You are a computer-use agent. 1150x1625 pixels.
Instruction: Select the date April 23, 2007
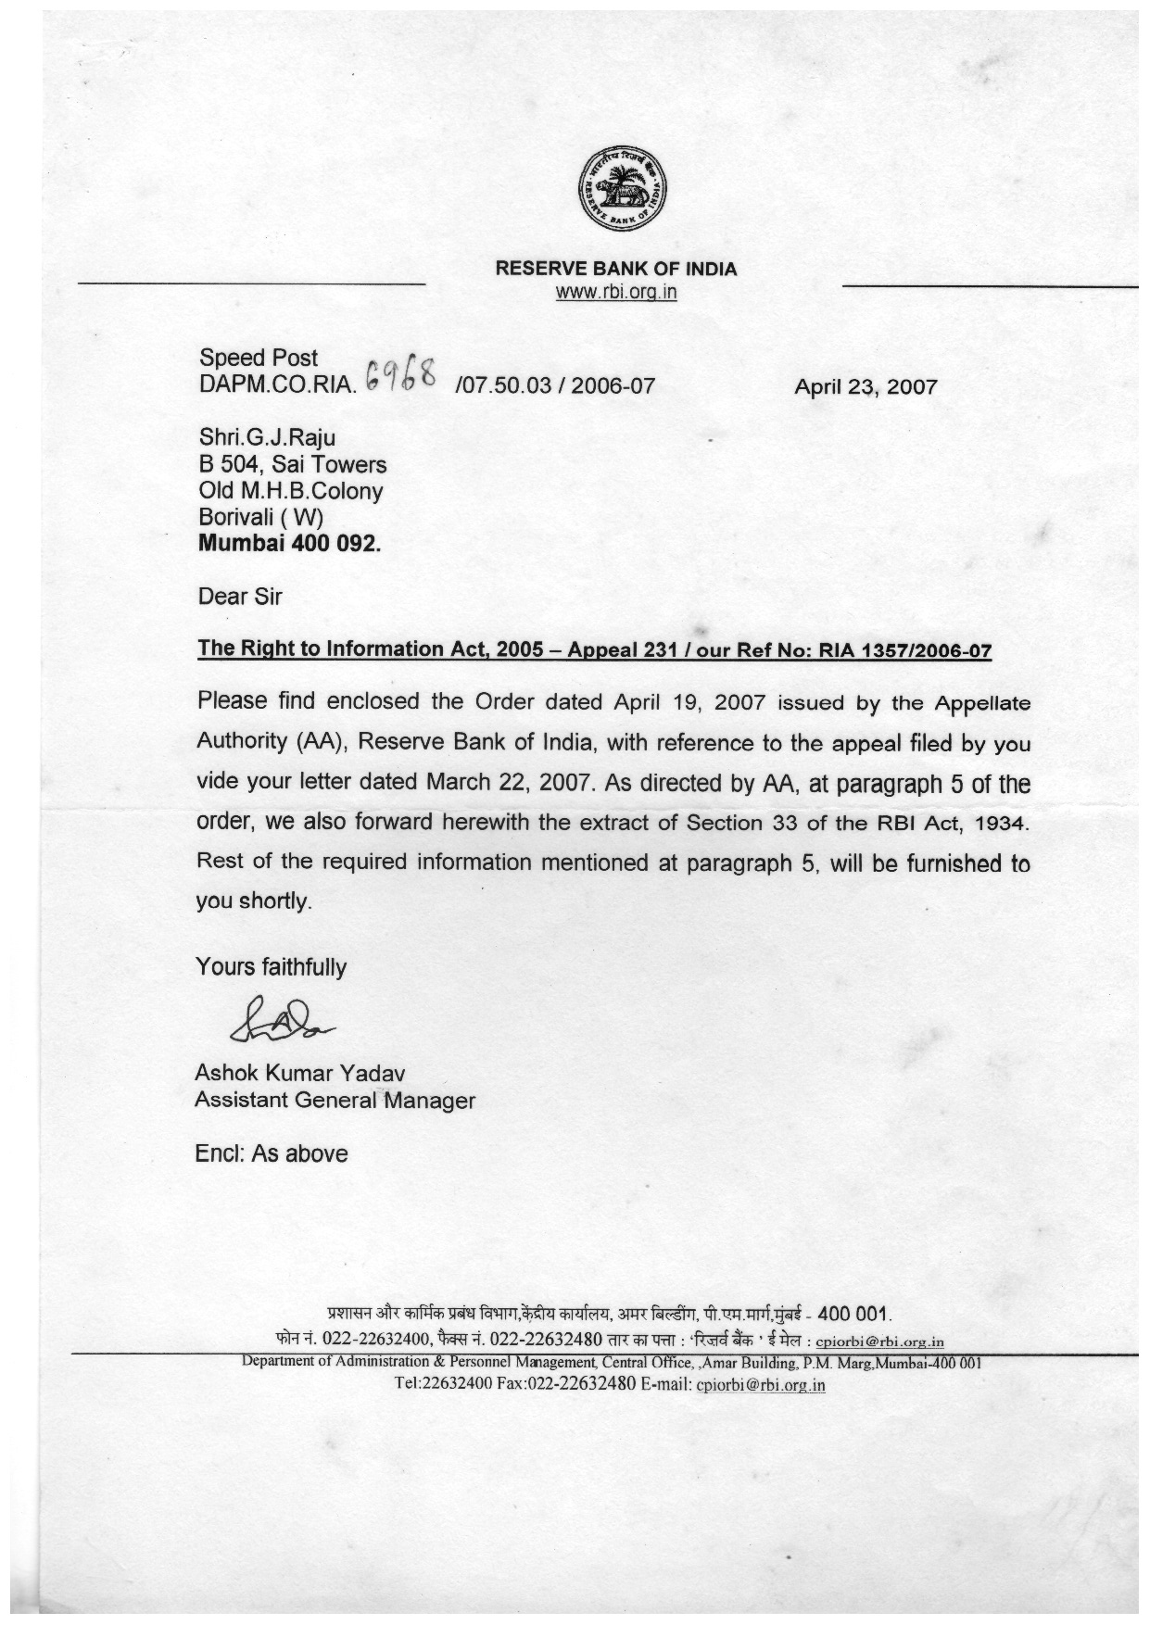(x=866, y=386)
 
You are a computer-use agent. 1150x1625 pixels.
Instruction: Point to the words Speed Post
(x=259, y=359)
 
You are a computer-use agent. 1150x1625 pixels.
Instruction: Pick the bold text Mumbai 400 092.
(x=290, y=544)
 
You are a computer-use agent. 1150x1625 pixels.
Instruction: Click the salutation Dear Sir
(x=240, y=596)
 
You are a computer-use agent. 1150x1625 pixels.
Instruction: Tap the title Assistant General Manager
(x=335, y=1101)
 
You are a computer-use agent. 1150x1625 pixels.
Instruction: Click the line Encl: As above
(x=272, y=1154)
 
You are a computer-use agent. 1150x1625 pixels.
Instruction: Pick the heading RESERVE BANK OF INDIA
(x=616, y=270)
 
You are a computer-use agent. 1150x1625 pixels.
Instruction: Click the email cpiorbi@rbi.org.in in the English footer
(x=760, y=1386)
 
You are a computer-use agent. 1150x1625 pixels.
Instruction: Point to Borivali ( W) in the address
(x=260, y=518)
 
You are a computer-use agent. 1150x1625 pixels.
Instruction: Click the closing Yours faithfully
(x=271, y=967)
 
